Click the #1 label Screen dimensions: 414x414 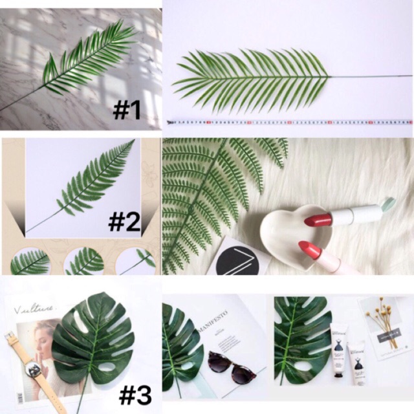[127, 110]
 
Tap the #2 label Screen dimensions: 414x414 [124, 222]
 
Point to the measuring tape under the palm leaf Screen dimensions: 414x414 [289, 121]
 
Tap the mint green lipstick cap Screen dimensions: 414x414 [387, 205]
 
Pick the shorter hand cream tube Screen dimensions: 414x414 [357, 362]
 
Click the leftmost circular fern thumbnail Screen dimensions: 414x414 [29, 261]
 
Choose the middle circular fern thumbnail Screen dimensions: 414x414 [85, 261]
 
